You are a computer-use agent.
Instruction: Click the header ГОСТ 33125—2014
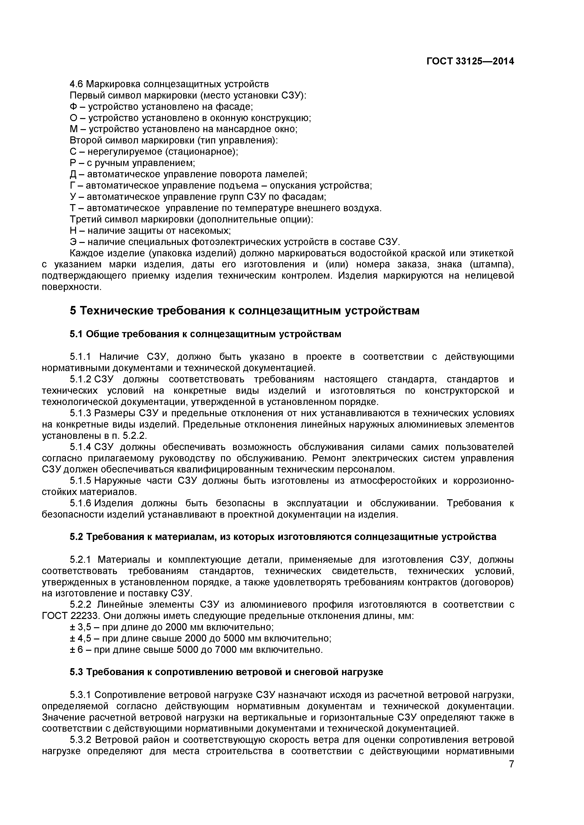(x=470, y=61)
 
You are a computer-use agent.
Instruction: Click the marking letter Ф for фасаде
(x=73, y=107)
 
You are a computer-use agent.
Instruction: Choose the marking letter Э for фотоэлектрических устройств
(x=73, y=242)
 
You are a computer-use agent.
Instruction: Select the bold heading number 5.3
(x=76, y=672)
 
